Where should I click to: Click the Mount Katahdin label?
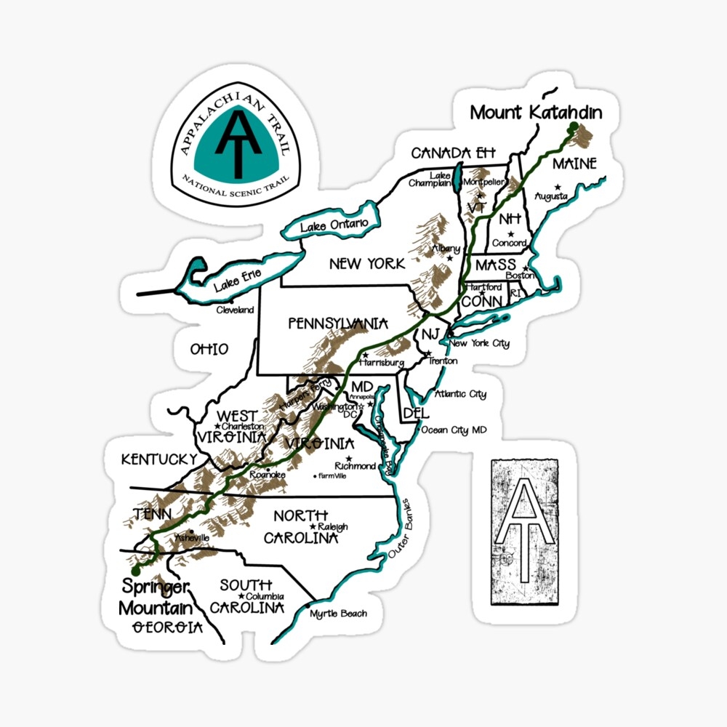[x=536, y=113]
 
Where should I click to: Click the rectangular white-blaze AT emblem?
[x=529, y=531]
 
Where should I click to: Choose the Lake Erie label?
[x=237, y=279]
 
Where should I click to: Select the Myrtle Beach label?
[x=339, y=614]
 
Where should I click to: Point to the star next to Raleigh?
[x=313, y=526]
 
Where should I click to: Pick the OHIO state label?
[x=209, y=350]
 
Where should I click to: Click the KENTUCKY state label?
[x=158, y=459]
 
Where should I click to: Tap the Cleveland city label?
[x=236, y=310]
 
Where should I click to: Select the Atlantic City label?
[x=460, y=395]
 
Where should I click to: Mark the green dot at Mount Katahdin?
[x=573, y=126]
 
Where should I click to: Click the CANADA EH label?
[x=453, y=153]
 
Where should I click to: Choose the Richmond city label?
[x=355, y=466]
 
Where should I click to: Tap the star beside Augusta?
[x=558, y=187]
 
